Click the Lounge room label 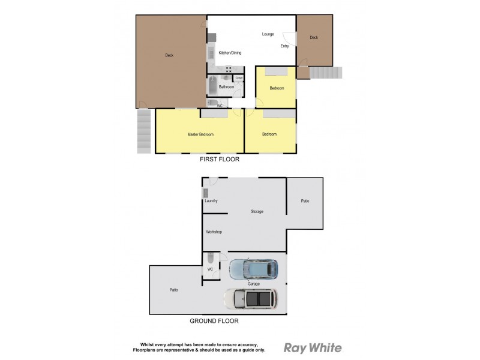[268, 34]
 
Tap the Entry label [284, 46]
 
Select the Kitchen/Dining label [230, 53]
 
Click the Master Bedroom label [200, 134]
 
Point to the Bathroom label [226, 87]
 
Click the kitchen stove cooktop [229, 69]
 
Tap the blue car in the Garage [254, 269]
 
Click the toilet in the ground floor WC [210, 259]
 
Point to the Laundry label [211, 201]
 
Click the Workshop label [214, 232]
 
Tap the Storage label [257, 211]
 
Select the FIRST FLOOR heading [220, 160]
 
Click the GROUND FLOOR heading [214, 321]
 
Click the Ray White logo [312, 348]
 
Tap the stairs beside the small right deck [325, 73]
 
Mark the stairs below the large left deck [143, 130]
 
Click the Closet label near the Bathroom [239, 78]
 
